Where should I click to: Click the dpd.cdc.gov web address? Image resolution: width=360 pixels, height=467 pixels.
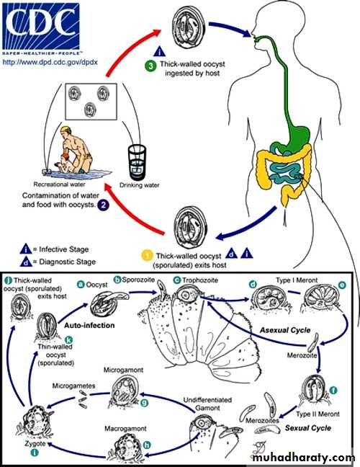tap(50, 62)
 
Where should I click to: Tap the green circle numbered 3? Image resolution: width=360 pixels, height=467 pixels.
tap(151, 66)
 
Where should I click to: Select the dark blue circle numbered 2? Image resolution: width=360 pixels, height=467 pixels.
tap(104, 205)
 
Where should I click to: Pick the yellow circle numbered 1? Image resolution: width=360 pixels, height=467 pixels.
tap(147, 256)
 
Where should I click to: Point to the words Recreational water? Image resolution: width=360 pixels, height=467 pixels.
tap(60, 184)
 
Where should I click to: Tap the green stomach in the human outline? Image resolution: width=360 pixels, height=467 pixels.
tap(298, 136)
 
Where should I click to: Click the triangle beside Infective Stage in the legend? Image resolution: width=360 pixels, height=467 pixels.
tap(26, 249)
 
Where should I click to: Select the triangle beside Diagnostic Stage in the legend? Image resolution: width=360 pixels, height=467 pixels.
tap(26, 262)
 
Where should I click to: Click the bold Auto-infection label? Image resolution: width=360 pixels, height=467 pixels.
tap(89, 325)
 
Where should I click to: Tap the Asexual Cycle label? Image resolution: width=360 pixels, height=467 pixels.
tap(285, 330)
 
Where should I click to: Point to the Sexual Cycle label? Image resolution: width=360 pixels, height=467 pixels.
tap(308, 428)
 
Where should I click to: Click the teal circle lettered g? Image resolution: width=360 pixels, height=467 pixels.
tap(144, 403)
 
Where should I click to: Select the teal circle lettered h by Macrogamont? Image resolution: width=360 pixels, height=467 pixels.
tap(147, 445)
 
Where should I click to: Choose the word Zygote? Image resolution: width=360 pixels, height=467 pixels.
tap(35, 443)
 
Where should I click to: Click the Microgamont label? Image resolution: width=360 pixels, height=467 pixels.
tap(123, 370)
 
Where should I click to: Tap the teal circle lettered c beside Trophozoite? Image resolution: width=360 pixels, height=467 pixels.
tap(177, 280)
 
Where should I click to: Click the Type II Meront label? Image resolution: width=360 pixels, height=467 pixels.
tap(318, 414)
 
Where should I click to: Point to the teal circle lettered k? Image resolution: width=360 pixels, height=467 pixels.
tap(68, 340)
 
